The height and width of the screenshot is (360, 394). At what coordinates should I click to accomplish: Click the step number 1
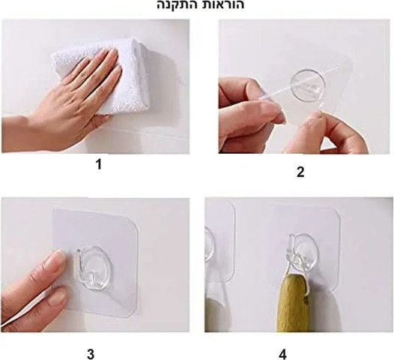(x=99, y=164)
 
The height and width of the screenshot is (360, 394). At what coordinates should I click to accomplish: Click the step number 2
(x=300, y=172)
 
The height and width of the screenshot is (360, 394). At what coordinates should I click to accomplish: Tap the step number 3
(x=91, y=354)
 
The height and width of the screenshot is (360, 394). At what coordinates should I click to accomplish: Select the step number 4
(x=282, y=355)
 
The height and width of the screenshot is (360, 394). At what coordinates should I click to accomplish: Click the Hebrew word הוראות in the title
(x=224, y=4)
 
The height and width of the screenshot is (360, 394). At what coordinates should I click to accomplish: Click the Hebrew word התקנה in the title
(x=178, y=4)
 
